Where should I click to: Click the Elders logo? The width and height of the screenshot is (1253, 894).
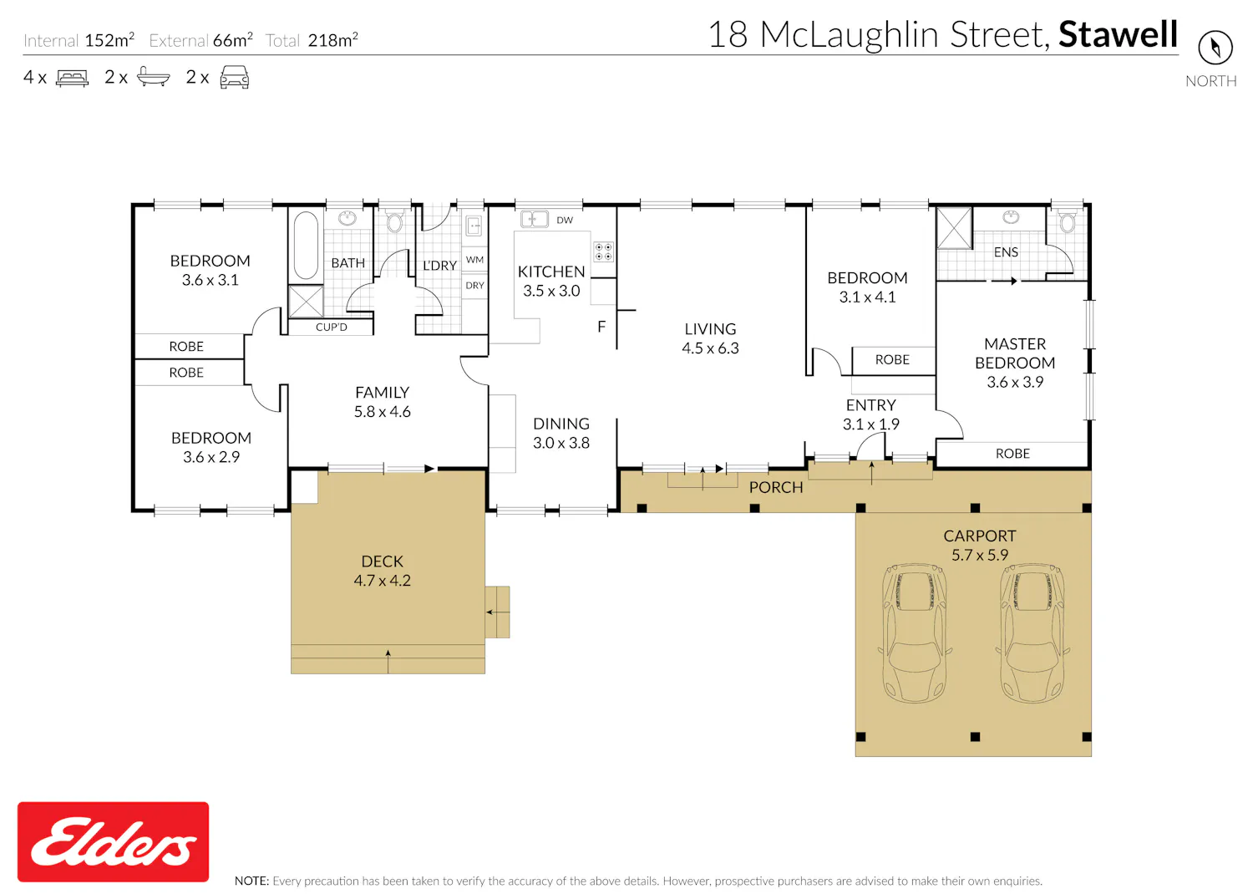(x=113, y=841)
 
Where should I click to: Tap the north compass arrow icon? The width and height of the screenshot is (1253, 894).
(x=1215, y=48)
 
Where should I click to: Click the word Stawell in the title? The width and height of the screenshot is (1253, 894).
(x=1119, y=35)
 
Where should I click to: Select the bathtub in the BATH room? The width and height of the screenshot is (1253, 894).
(x=306, y=245)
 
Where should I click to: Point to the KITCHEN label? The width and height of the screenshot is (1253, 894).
(x=551, y=272)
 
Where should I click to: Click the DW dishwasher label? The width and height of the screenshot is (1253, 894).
(x=565, y=221)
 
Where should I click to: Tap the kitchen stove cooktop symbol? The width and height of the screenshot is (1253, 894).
(x=603, y=251)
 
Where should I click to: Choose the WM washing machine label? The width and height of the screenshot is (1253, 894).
(x=475, y=260)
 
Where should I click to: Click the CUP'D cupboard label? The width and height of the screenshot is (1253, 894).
(x=331, y=328)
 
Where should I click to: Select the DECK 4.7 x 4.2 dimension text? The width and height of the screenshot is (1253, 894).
(x=382, y=581)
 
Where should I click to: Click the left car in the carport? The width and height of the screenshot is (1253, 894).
(x=914, y=632)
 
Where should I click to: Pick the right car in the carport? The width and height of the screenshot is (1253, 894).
(x=1032, y=632)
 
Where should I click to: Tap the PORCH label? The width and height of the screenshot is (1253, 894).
(x=776, y=488)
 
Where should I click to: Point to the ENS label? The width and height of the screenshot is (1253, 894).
(x=1006, y=252)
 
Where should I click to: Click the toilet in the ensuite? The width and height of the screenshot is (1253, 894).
(x=1067, y=221)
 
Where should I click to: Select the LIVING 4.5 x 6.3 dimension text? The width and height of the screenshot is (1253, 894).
(x=710, y=348)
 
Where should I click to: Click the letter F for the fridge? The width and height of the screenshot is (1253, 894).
(x=601, y=327)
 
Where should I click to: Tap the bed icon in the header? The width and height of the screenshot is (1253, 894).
(x=72, y=78)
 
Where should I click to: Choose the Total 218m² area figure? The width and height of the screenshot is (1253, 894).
(x=312, y=40)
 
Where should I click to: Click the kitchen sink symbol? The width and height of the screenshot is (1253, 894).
(x=535, y=219)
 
